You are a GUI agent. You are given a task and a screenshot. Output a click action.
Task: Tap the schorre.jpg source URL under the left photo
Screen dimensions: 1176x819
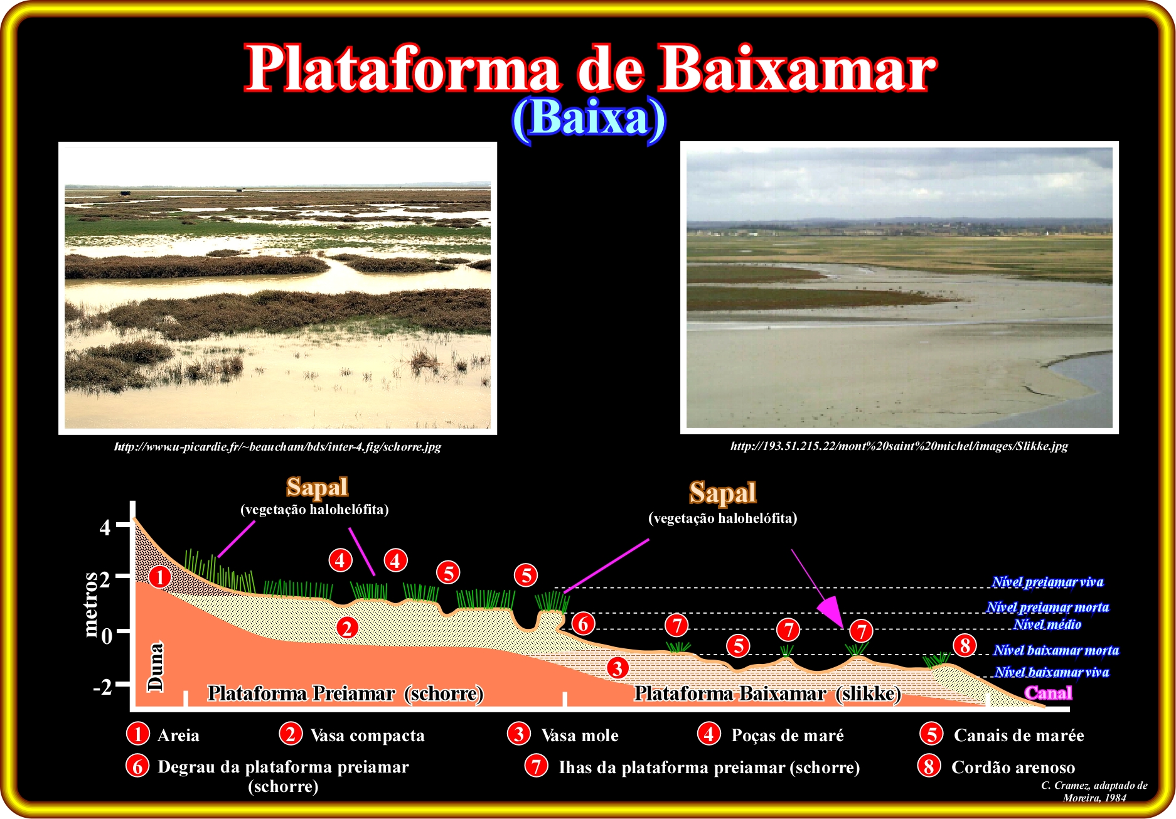pyautogui.click(x=277, y=447)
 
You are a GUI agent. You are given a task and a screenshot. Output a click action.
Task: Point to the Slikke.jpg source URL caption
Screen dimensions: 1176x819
pyautogui.click(x=899, y=446)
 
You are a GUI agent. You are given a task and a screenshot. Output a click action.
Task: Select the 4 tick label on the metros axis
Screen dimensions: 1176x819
pyautogui.click(x=105, y=527)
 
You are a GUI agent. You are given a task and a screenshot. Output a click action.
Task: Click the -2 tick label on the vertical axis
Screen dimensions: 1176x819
pyautogui.click(x=102, y=687)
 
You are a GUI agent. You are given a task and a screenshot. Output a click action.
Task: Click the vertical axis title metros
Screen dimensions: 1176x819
pyautogui.click(x=91, y=604)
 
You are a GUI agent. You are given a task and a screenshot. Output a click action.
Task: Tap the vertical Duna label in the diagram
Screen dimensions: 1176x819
pyautogui.click(x=156, y=666)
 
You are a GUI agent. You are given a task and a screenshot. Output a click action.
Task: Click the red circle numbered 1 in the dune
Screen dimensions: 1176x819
pyautogui.click(x=160, y=576)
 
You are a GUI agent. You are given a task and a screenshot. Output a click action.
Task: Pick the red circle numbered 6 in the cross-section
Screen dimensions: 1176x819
pyautogui.click(x=584, y=624)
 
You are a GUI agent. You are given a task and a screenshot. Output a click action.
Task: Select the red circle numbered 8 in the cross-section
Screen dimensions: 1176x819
pyautogui.click(x=965, y=645)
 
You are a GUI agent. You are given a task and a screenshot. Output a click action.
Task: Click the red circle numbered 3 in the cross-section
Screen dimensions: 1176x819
pyautogui.click(x=617, y=668)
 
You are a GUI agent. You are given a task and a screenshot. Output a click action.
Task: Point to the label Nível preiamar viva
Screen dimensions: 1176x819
pyautogui.click(x=1047, y=582)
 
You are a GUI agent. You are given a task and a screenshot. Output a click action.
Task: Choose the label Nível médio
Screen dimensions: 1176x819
pyautogui.click(x=1047, y=624)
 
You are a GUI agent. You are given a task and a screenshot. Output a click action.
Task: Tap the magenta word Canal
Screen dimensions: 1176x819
pyautogui.click(x=1049, y=693)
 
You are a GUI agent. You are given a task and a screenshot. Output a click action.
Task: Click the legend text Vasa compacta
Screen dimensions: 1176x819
pyautogui.click(x=368, y=736)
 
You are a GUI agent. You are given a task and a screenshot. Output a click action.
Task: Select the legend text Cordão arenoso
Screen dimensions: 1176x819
pyautogui.click(x=1013, y=767)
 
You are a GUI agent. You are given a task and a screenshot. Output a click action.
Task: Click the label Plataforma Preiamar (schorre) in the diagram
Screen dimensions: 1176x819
pyautogui.click(x=346, y=693)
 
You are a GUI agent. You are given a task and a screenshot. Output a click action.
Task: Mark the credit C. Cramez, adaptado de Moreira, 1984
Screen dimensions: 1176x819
pyautogui.click(x=1094, y=791)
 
